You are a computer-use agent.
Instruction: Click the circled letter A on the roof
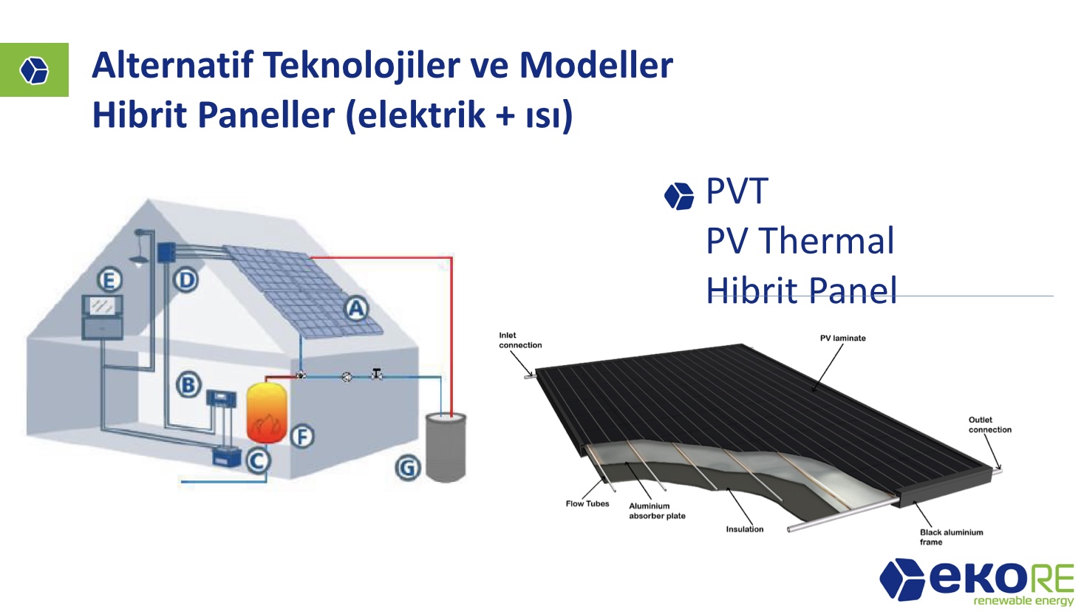[357, 309]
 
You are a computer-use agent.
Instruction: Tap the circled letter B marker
[188, 385]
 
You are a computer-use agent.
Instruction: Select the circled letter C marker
[257, 460]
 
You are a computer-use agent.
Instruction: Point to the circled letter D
[185, 280]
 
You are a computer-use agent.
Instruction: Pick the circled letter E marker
[109, 280]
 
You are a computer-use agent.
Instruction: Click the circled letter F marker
[303, 436]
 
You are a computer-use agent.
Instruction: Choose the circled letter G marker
[407, 468]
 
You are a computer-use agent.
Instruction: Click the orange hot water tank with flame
[267, 412]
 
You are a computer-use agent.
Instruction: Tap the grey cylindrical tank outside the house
[446, 447]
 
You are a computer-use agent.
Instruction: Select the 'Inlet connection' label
[520, 340]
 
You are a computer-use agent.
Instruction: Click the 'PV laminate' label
[842, 338]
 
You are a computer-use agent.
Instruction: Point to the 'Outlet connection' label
[989, 424]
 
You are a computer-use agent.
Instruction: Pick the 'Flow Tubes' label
[587, 503]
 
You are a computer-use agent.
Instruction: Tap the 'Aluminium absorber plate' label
[657, 511]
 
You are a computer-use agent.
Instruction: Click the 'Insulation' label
[744, 529]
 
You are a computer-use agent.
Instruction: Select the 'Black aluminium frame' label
[951, 537]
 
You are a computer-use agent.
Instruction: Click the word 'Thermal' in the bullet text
[826, 241]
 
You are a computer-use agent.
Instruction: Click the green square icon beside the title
[34, 69]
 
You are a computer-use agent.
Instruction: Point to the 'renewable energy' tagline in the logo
[1023, 601]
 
